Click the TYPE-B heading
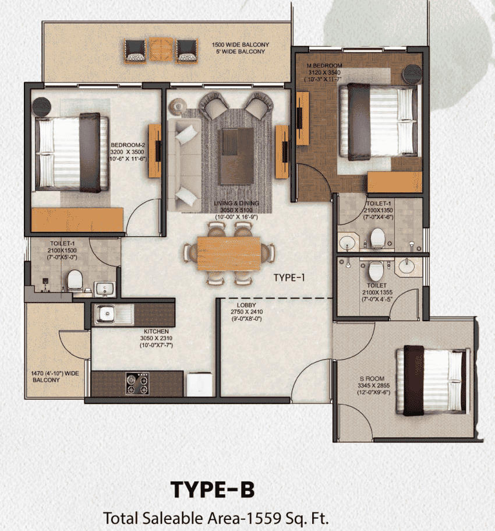click(212, 490)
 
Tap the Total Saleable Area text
click(220, 517)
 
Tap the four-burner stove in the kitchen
click(136, 384)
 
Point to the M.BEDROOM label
click(324, 65)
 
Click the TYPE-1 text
click(289, 278)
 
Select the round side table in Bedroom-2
click(41, 107)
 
